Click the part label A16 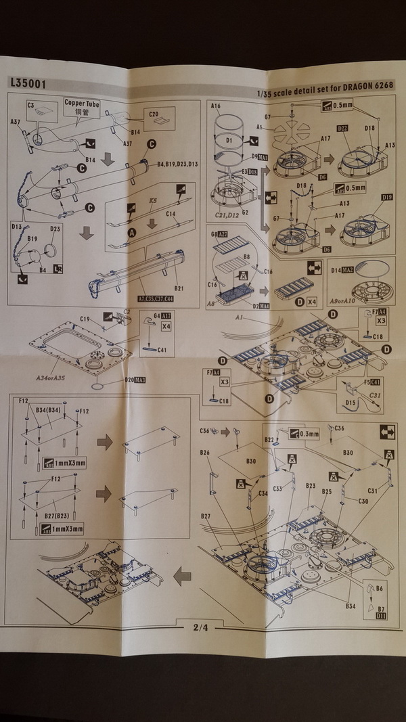coord(216,107)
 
